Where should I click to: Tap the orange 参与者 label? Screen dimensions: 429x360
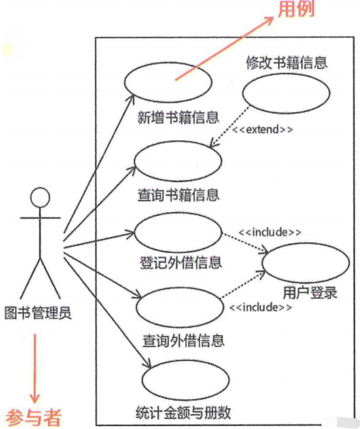(x=34, y=417)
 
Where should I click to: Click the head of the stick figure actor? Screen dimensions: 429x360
(x=40, y=198)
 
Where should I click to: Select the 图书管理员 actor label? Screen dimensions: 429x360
(x=38, y=313)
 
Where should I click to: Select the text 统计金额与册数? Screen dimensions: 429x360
(x=183, y=412)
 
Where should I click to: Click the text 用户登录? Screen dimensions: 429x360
(x=310, y=293)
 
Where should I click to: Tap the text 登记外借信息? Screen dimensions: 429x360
(x=180, y=262)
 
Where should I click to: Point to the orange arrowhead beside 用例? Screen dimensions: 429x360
(x=271, y=21)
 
